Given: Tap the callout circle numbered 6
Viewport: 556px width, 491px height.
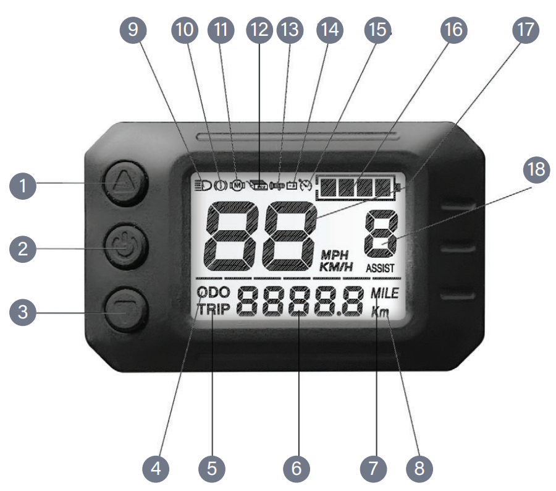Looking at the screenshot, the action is (297, 468).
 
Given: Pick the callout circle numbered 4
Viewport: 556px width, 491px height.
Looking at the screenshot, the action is (156, 468).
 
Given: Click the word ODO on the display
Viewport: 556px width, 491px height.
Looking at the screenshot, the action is (213, 292).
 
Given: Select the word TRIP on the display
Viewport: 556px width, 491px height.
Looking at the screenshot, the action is (213, 309).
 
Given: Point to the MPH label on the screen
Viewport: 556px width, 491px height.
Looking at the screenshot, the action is (334, 255).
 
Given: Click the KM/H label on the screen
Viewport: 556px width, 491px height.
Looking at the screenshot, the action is (335, 267).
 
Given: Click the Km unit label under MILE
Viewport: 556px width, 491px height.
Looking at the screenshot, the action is (381, 312).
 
